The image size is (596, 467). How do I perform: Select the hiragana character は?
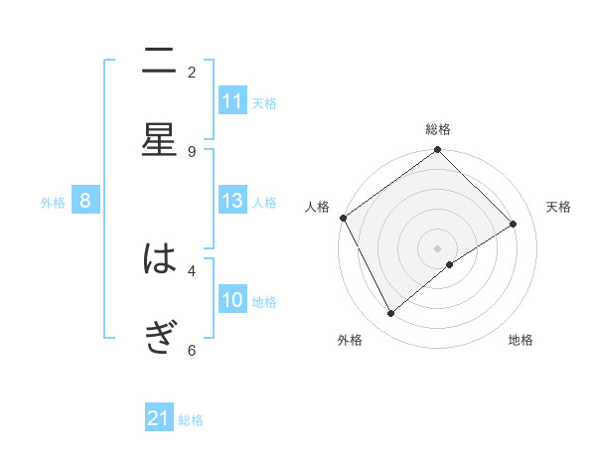point(159,260)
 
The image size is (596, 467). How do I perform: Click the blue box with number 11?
point(232,101)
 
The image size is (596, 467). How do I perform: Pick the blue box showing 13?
point(232,202)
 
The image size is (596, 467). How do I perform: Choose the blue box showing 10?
point(232,300)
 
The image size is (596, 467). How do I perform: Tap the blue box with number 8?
point(85,202)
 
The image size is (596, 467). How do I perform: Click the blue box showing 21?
point(159,418)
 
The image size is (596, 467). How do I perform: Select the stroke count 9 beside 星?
point(192,151)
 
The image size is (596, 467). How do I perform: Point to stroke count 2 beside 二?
point(192,72)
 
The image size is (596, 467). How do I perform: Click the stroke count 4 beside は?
point(192,269)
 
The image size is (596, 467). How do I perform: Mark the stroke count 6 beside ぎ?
point(192,350)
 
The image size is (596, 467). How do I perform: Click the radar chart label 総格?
point(438,129)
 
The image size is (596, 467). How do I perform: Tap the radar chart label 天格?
point(558,207)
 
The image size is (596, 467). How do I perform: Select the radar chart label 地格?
point(521,340)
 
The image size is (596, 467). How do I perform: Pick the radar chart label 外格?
point(349,340)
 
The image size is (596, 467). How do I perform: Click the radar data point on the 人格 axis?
point(343,218)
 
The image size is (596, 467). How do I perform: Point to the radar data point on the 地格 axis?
point(450,264)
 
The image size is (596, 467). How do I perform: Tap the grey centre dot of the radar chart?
point(438,247)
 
